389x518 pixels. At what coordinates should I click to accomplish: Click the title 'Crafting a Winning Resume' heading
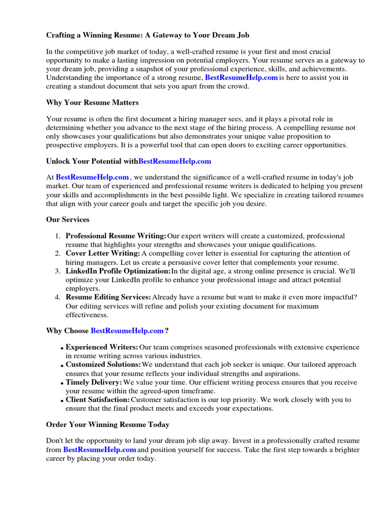pos(148,35)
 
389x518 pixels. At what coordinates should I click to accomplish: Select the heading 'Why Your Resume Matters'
pos(92,103)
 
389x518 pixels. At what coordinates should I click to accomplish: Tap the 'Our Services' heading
pos(68,220)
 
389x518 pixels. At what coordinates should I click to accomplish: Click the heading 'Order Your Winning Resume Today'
pos(108,424)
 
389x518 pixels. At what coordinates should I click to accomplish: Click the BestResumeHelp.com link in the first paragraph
pos(241,78)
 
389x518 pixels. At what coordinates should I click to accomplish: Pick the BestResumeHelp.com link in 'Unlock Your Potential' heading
pos(175,161)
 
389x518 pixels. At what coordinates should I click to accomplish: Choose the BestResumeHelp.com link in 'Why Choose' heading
pos(127,331)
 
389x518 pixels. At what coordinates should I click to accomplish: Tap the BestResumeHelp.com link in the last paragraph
pos(99,450)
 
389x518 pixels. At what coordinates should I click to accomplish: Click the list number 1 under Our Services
pos(58,236)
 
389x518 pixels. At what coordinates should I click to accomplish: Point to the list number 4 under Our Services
pos(58,297)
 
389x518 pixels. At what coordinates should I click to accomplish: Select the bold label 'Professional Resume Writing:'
pos(116,236)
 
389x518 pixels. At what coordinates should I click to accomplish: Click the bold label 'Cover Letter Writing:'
pos(103,253)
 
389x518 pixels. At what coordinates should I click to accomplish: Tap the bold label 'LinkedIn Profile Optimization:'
pos(118,271)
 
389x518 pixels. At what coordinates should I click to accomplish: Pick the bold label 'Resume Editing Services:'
pos(108,297)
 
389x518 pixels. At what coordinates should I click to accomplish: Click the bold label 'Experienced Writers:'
pos(102,348)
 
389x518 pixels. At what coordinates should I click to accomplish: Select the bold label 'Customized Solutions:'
pos(103,365)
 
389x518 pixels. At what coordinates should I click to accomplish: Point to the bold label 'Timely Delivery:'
pos(94,382)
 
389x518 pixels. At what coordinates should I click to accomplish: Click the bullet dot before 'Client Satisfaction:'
pos(62,401)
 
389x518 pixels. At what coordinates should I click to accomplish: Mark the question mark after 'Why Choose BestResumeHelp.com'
pos(167,331)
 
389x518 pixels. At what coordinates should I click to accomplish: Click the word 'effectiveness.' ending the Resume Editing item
pos(87,315)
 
